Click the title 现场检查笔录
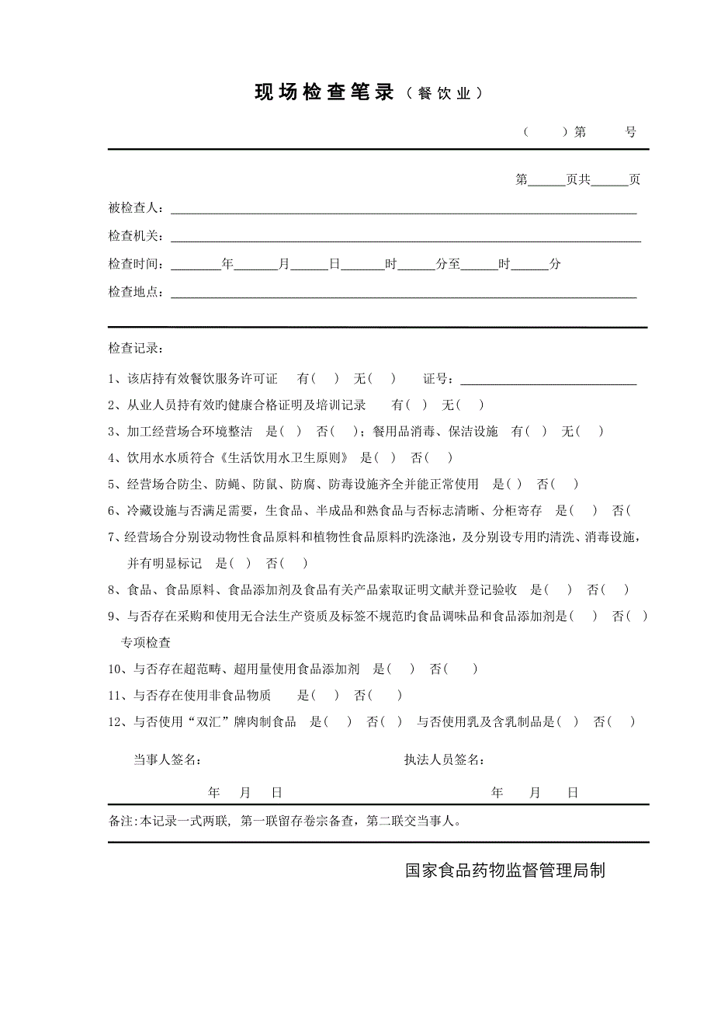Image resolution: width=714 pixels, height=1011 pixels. (324, 93)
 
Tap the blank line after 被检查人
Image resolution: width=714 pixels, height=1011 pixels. (404, 210)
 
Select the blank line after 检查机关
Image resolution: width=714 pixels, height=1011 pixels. (405, 238)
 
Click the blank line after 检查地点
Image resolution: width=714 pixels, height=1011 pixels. (404, 294)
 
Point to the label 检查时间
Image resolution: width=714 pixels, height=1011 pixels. (136, 264)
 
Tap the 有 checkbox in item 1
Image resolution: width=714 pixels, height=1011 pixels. (324, 379)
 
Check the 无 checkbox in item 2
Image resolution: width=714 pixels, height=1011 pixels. (470, 405)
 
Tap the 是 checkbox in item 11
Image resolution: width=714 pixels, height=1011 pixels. (325, 696)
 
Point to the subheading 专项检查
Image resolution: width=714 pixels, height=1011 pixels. (145, 643)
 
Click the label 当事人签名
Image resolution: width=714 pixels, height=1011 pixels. (168, 759)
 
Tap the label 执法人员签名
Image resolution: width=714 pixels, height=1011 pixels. (445, 759)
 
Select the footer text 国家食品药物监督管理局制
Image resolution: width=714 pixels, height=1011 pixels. (504, 870)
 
